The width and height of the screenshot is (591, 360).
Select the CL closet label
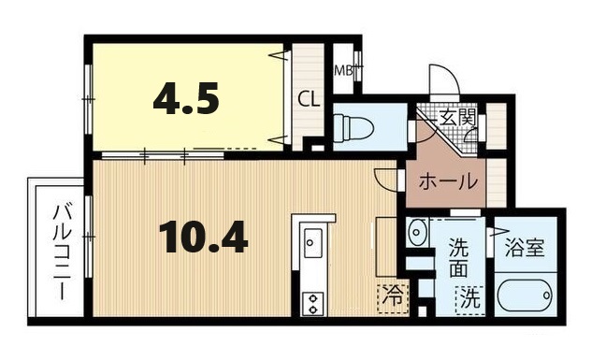point(308,98)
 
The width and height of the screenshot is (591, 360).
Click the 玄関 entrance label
point(459,118)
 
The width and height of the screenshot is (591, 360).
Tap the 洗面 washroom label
point(459,258)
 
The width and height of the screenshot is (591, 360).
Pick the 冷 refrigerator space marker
point(393,297)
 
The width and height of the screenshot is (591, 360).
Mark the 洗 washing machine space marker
point(469,301)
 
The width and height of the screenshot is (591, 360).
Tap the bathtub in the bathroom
point(523,298)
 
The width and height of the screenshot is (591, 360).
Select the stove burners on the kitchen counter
point(312,301)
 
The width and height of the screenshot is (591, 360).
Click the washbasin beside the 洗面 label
point(417,230)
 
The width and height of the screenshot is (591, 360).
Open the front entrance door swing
point(440,80)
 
